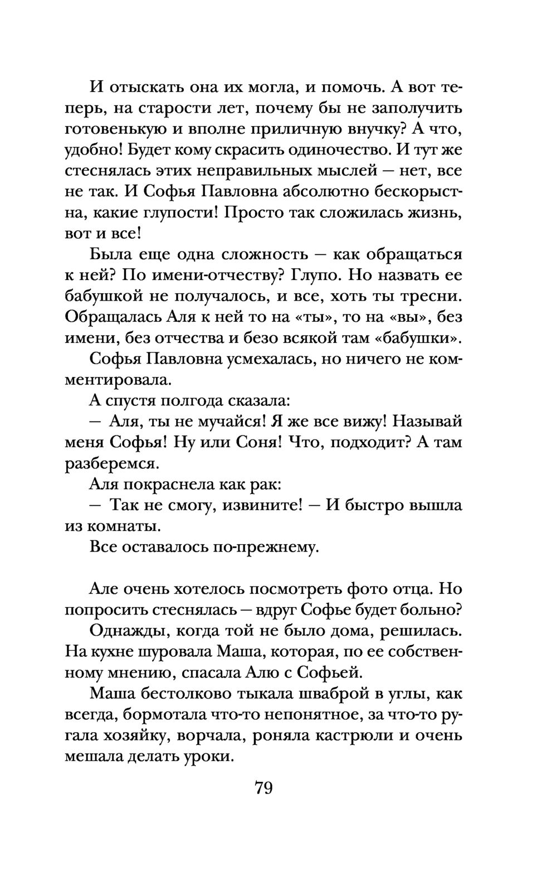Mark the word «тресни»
tap(432, 296)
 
